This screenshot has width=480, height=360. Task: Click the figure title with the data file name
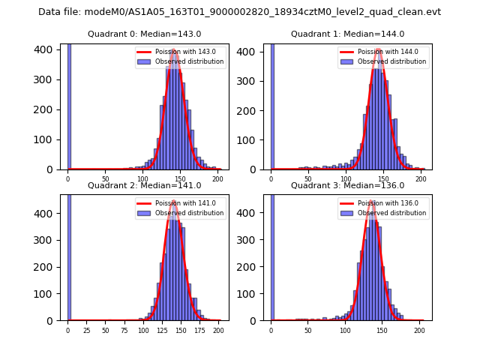click(239, 12)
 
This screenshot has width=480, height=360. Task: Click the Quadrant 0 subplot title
click(144, 34)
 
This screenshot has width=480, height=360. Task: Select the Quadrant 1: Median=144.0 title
click(347, 34)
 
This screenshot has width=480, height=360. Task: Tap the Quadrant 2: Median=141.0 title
click(144, 185)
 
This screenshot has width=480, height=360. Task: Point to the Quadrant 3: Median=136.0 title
click(347, 185)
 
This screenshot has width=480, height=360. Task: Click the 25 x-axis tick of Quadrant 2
click(86, 330)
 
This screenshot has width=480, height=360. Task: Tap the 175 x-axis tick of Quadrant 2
click(199, 330)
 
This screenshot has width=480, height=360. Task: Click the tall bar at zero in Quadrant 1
click(272, 105)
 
